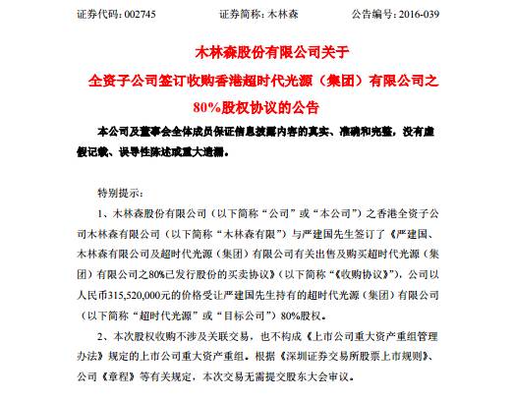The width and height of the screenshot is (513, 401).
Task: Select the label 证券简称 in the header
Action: (239, 15)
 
